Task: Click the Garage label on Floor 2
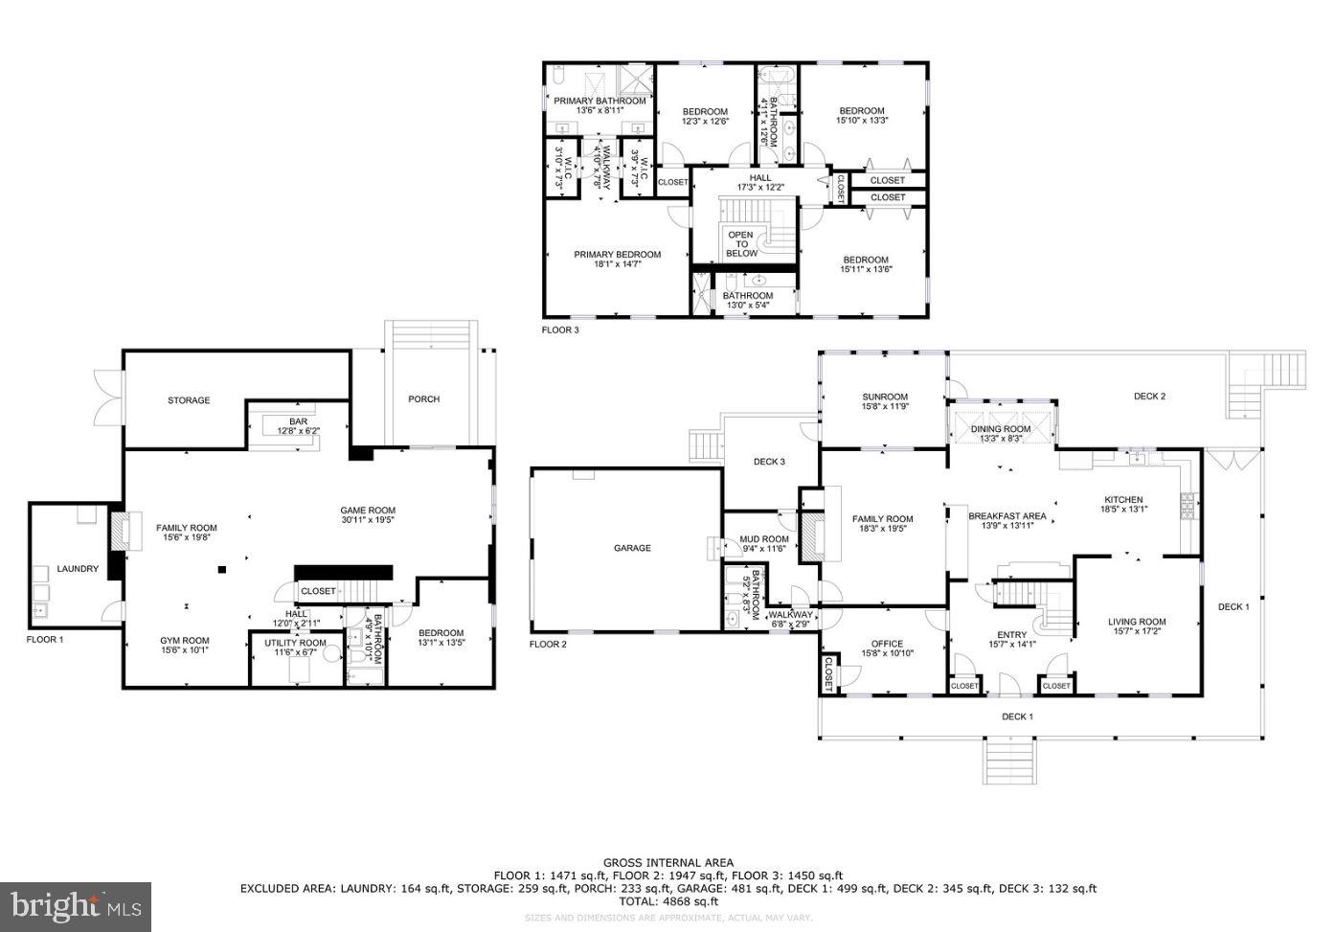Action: tap(631, 548)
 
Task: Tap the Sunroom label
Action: tap(884, 397)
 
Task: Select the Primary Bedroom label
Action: tap(617, 255)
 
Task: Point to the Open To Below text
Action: tap(741, 244)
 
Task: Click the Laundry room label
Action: tap(78, 569)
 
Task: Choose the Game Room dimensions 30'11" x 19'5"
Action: tap(368, 521)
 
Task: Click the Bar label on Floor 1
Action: tap(298, 421)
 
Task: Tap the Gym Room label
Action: tap(184, 640)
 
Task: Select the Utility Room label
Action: tap(295, 643)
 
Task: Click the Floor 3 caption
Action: tap(560, 330)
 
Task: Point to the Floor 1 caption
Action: tap(45, 639)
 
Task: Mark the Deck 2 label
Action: tap(1149, 397)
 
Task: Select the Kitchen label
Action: tap(1123, 500)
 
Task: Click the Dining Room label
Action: tap(1001, 429)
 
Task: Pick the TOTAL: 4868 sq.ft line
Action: tap(667, 901)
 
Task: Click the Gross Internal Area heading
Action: tap(667, 863)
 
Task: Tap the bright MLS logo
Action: tap(76, 906)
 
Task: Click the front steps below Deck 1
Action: tap(1010, 762)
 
